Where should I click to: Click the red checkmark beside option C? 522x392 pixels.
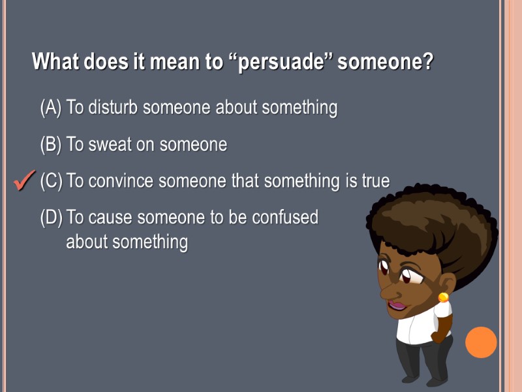pyautogui.click(x=23, y=181)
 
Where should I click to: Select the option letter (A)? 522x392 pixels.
pyautogui.click(x=51, y=107)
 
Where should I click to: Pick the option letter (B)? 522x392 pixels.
pyautogui.click(x=51, y=144)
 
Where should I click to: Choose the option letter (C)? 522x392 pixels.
pyautogui.click(x=51, y=181)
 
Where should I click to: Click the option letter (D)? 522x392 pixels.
pyautogui.click(x=51, y=218)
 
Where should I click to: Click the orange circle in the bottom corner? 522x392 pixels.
pyautogui.click(x=481, y=342)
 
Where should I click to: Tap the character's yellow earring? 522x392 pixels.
pyautogui.click(x=443, y=297)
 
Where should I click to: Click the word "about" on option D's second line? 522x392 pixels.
pyautogui.click(x=87, y=242)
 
